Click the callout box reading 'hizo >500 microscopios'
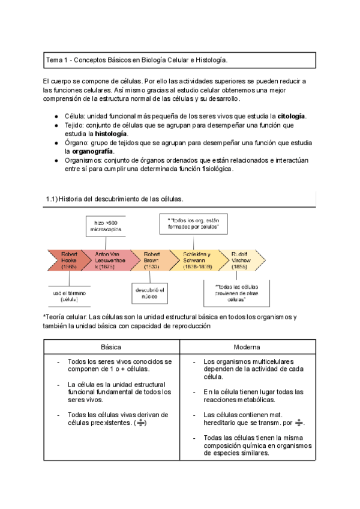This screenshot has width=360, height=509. (x=106, y=225)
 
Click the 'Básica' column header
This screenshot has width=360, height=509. (x=111, y=348)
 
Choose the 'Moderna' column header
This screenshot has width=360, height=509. (x=247, y=348)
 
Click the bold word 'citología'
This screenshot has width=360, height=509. (x=291, y=116)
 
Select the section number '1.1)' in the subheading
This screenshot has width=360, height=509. (x=52, y=199)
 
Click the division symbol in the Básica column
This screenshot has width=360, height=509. (x=140, y=423)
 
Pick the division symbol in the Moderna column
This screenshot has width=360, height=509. (x=299, y=423)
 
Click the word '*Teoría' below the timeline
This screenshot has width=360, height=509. (x=56, y=316)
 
